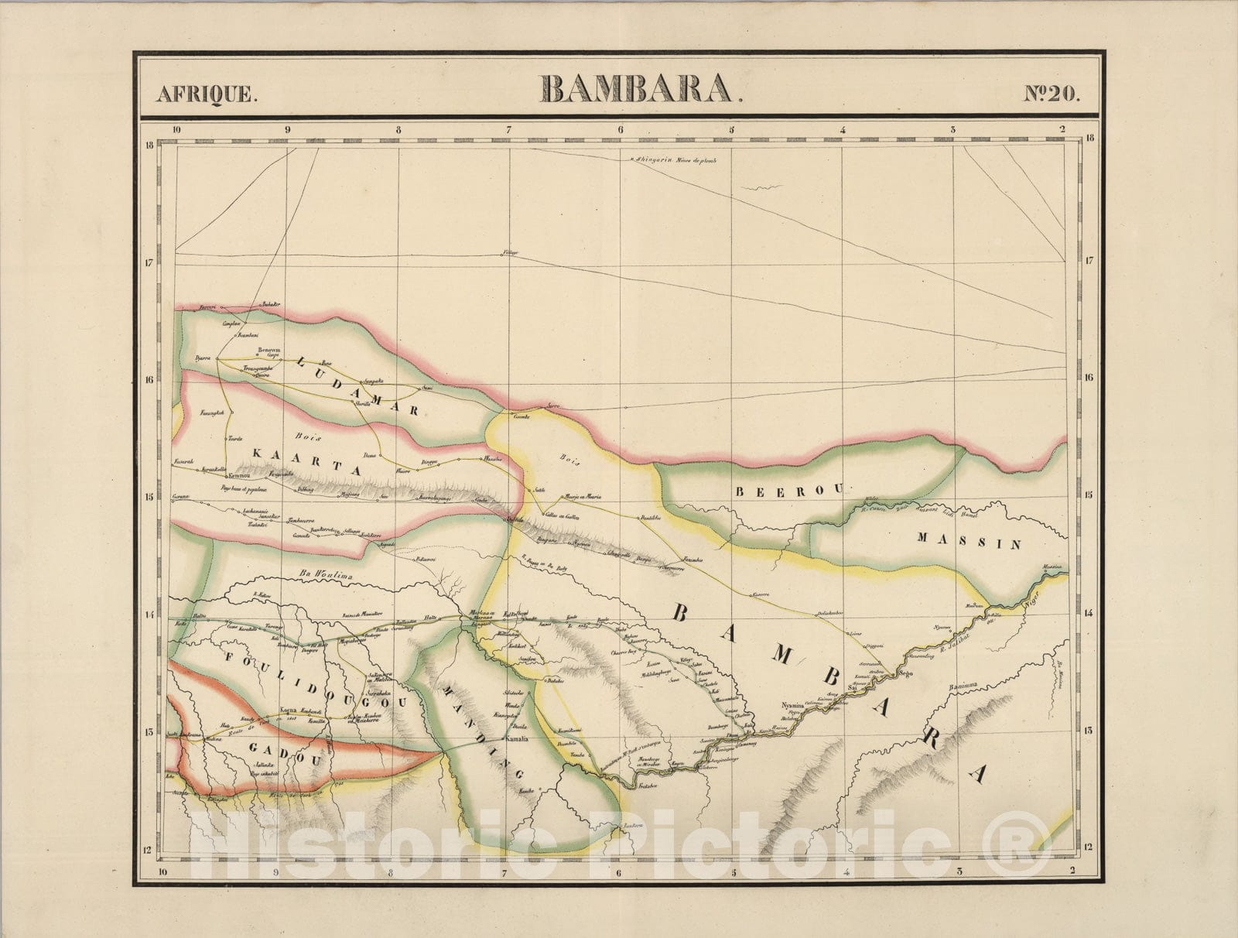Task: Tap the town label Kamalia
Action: (x=516, y=740)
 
